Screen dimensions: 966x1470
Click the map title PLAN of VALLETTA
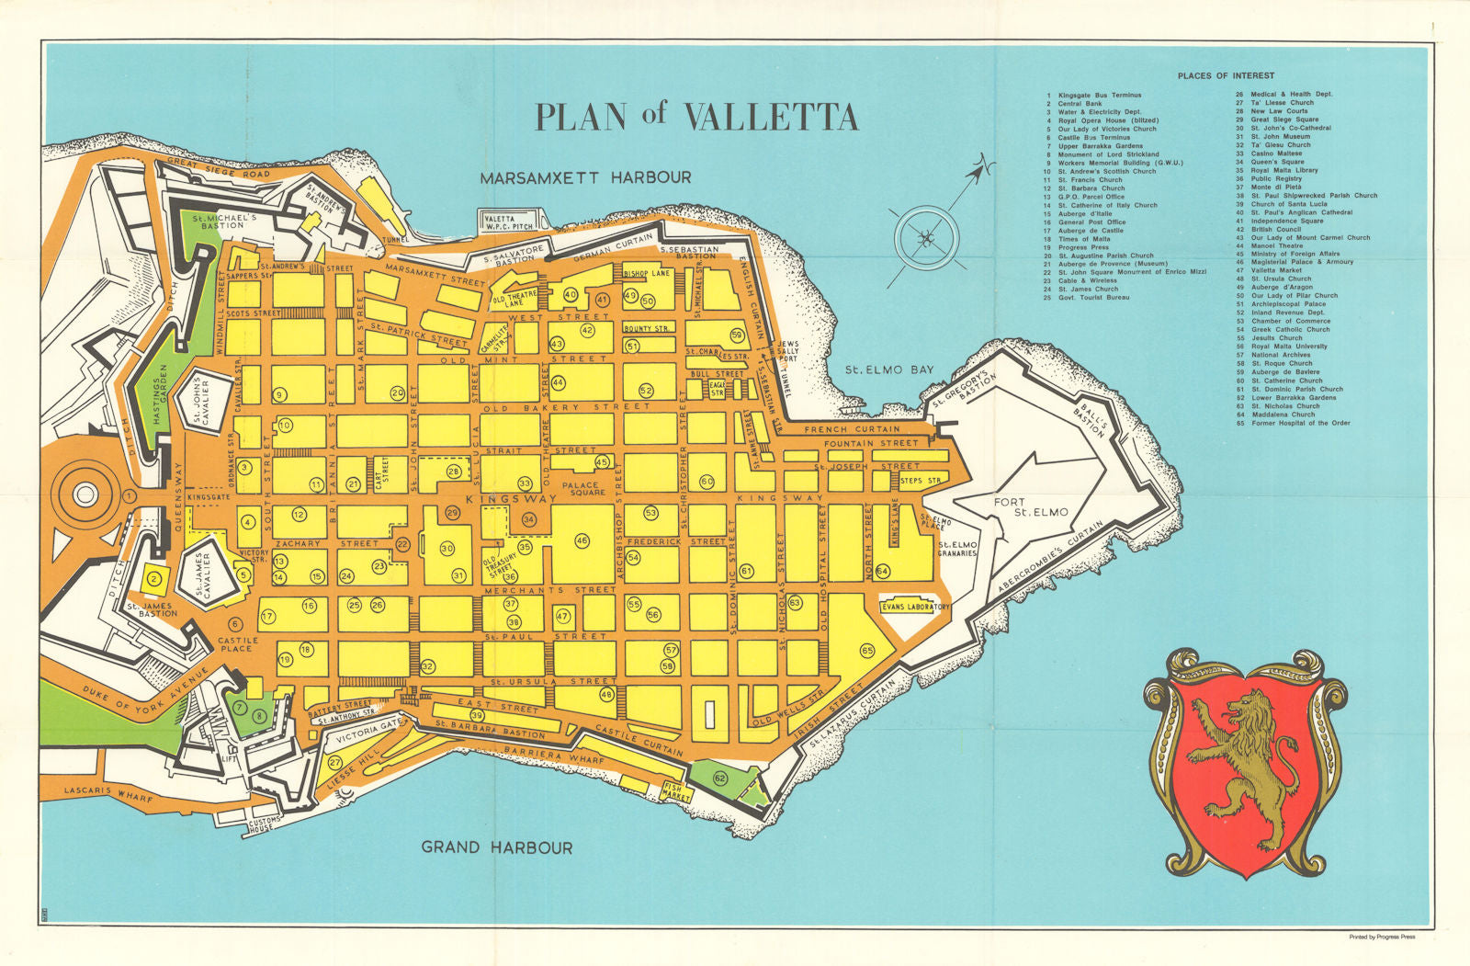pyautogui.click(x=695, y=117)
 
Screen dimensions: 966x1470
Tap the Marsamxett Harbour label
pyautogui.click(x=585, y=177)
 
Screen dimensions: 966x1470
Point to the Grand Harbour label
pyautogui.click(x=496, y=847)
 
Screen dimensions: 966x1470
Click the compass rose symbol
pyautogui.click(x=925, y=241)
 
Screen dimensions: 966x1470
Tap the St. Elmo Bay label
pyautogui.click(x=888, y=369)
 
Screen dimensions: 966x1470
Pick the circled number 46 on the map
pyautogui.click(x=582, y=541)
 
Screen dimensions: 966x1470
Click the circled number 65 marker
pyautogui.click(x=867, y=651)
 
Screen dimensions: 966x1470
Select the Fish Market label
pyautogui.click(x=678, y=790)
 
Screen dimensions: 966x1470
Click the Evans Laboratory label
pyautogui.click(x=915, y=608)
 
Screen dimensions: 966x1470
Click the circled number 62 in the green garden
pyautogui.click(x=719, y=778)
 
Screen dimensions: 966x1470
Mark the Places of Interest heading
pyautogui.click(x=1226, y=75)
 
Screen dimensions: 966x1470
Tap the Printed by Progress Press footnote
pyautogui.click(x=1382, y=938)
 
